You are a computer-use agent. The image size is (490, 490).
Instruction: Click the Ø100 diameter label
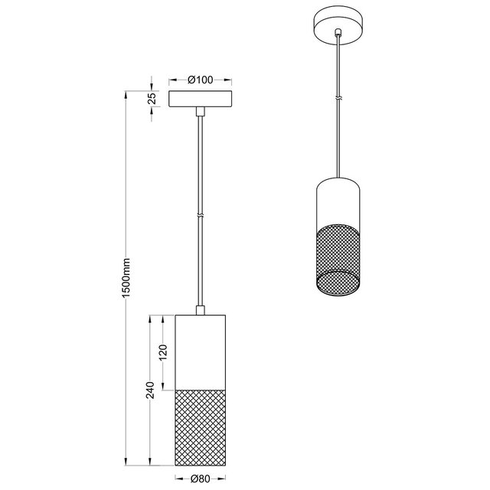200,80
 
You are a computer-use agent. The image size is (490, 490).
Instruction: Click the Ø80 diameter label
200,481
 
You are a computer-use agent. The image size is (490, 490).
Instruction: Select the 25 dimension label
152,98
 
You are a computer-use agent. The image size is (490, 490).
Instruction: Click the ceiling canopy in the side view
200,100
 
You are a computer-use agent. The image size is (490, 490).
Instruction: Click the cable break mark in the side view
200,215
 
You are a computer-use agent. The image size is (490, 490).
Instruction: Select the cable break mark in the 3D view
338,99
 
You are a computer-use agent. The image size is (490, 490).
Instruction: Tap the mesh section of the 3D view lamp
338,253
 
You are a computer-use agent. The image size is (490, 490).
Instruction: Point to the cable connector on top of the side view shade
200,310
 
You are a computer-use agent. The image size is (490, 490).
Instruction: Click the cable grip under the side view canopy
200,112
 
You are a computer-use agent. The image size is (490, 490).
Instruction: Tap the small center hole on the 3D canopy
338,33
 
